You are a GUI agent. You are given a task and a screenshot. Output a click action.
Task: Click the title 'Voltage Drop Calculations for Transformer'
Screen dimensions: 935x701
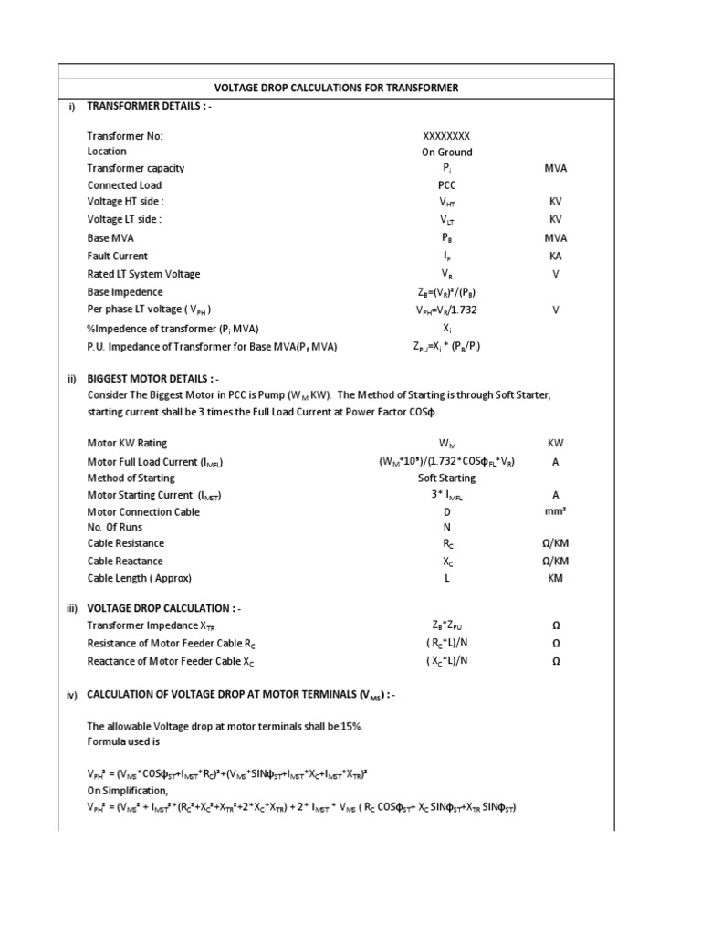pyautogui.click(x=335, y=88)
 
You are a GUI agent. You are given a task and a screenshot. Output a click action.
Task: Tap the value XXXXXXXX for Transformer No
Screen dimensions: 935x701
pyautogui.click(x=446, y=136)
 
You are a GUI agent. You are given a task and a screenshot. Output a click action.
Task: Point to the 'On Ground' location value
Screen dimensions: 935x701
pyautogui.click(x=446, y=152)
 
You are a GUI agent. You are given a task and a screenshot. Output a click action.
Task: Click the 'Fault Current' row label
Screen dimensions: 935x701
pyautogui.click(x=117, y=257)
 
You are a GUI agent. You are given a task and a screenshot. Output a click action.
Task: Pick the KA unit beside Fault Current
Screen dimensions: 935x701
pyautogui.click(x=555, y=257)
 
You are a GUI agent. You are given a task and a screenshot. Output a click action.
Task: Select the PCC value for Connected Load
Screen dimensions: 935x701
pyautogui.click(x=446, y=185)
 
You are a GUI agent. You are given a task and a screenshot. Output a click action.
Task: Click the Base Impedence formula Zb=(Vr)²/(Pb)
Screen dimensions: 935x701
pyautogui.click(x=446, y=292)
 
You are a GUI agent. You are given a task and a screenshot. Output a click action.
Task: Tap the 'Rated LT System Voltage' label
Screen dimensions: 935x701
pyautogui.click(x=143, y=274)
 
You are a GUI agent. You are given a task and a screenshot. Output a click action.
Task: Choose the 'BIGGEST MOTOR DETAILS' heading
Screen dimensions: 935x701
pyautogui.click(x=152, y=379)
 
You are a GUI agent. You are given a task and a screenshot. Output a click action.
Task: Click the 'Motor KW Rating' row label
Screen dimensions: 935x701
pyautogui.click(x=129, y=443)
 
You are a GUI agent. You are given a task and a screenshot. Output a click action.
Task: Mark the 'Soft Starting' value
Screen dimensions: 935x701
pyautogui.click(x=446, y=478)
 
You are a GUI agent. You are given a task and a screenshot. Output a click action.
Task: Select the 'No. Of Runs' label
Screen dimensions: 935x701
pyautogui.click(x=115, y=528)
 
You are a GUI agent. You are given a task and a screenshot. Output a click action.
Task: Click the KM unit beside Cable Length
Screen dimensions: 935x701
pyautogui.click(x=555, y=579)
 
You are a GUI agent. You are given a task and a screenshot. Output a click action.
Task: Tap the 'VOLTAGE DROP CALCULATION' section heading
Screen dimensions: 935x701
pyautogui.click(x=163, y=608)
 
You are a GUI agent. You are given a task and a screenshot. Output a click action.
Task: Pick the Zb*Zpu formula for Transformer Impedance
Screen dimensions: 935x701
pyautogui.click(x=446, y=625)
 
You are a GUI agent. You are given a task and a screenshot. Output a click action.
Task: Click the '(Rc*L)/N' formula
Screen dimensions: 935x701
pyautogui.click(x=446, y=643)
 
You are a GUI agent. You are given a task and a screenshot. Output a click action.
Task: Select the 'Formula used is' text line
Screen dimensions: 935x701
pyautogui.click(x=123, y=742)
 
